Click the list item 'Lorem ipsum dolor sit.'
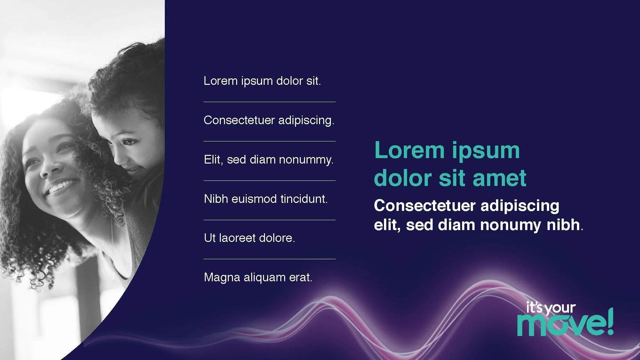[x=262, y=81]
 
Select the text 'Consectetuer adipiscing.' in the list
[x=269, y=120]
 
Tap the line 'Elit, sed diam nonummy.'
[x=268, y=160]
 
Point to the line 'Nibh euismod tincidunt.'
[x=266, y=199]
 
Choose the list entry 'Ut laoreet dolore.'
[x=249, y=238]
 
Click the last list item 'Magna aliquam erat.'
[x=258, y=277]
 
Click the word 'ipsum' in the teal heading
[x=486, y=150]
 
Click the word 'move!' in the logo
[x=562, y=325]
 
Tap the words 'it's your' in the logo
[x=551, y=308]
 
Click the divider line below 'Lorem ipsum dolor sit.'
[x=269, y=102]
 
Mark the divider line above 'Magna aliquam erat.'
[x=269, y=259]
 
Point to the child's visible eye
[x=129, y=141]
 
